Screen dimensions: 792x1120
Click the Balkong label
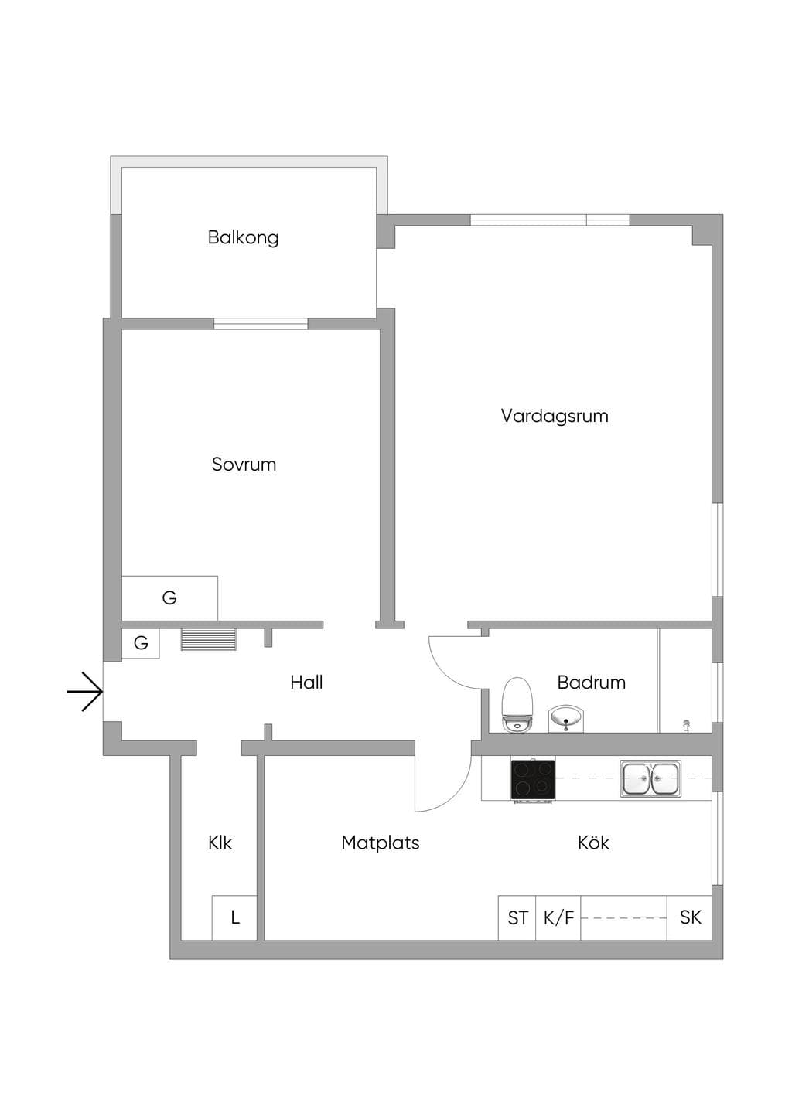243,237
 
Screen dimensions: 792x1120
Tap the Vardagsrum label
555,416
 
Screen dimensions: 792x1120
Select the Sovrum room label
244,464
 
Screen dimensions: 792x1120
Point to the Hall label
306,682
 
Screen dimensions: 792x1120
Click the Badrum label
592,682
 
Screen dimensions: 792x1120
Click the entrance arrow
85,692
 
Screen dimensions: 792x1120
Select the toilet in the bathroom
517,705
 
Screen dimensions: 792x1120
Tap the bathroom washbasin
566,719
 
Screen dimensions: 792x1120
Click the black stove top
532,779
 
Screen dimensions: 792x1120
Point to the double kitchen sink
650,778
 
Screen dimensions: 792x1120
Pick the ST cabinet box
517,917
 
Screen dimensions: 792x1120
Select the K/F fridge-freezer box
558,917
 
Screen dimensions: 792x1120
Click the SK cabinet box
689,917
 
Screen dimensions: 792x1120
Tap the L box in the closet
234,917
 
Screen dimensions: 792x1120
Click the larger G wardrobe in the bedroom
169,598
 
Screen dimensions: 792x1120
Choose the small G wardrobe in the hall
141,643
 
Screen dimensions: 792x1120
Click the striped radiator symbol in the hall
208,639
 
